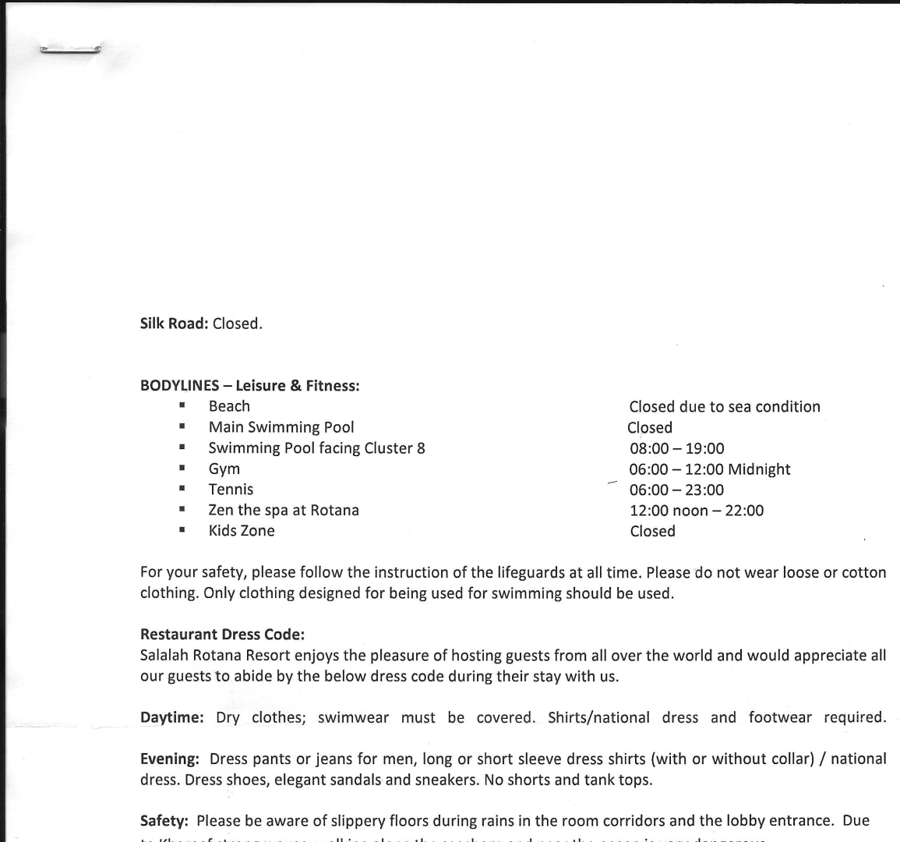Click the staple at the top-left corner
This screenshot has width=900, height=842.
(x=70, y=50)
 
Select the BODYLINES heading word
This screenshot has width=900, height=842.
(x=179, y=386)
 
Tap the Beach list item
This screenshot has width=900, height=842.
(x=229, y=406)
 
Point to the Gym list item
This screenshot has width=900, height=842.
(x=224, y=469)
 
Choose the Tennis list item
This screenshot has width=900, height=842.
(x=231, y=490)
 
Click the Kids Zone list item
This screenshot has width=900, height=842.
(x=242, y=531)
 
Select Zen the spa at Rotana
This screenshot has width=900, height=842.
(x=284, y=511)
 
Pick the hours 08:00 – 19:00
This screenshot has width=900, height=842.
(x=676, y=448)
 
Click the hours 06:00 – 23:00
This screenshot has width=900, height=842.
(x=676, y=490)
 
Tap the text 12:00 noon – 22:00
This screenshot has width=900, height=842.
(x=697, y=511)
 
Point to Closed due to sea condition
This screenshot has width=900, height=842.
(x=725, y=407)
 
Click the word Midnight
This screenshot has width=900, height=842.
(x=759, y=469)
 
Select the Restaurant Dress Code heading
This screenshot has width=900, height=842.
(x=222, y=635)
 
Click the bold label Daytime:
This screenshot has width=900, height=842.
(x=171, y=717)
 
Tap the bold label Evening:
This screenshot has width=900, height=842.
(x=169, y=759)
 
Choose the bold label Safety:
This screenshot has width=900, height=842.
(x=164, y=820)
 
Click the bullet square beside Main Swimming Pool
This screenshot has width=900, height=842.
(x=182, y=427)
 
